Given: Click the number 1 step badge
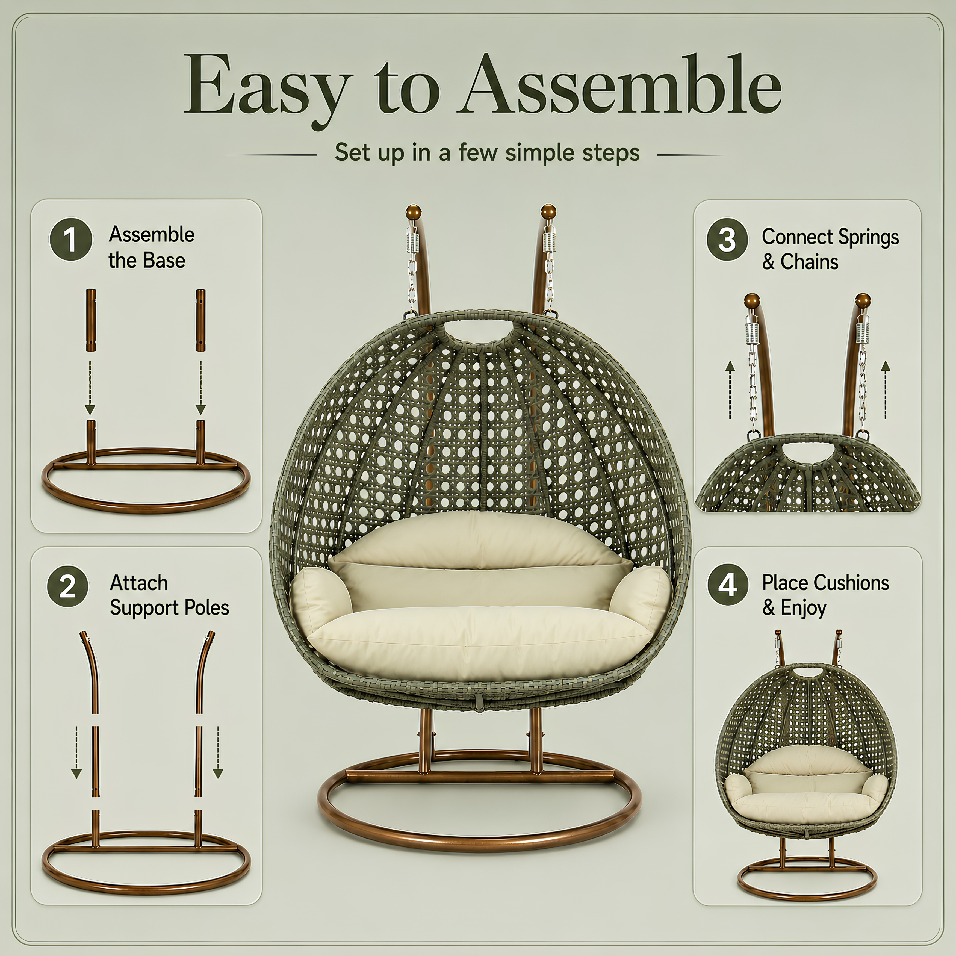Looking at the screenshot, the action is click(x=71, y=240).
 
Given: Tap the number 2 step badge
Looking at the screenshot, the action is click(x=68, y=587).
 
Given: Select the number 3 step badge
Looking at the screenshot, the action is click(x=727, y=240).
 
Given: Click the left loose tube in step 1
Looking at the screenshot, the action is click(x=91, y=320).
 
